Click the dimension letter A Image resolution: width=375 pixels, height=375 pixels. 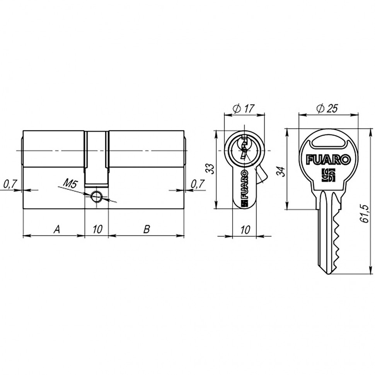click(56, 230)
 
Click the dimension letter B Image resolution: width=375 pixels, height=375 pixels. click(146, 230)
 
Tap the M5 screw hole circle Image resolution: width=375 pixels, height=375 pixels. click(96, 197)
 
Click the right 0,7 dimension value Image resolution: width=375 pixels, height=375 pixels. click(198, 184)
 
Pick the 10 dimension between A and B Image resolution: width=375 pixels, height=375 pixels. click(97, 230)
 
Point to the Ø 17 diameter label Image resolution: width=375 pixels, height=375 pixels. click(244, 109)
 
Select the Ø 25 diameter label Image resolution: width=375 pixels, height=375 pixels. click(327, 109)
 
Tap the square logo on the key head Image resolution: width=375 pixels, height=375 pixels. click(328, 175)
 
